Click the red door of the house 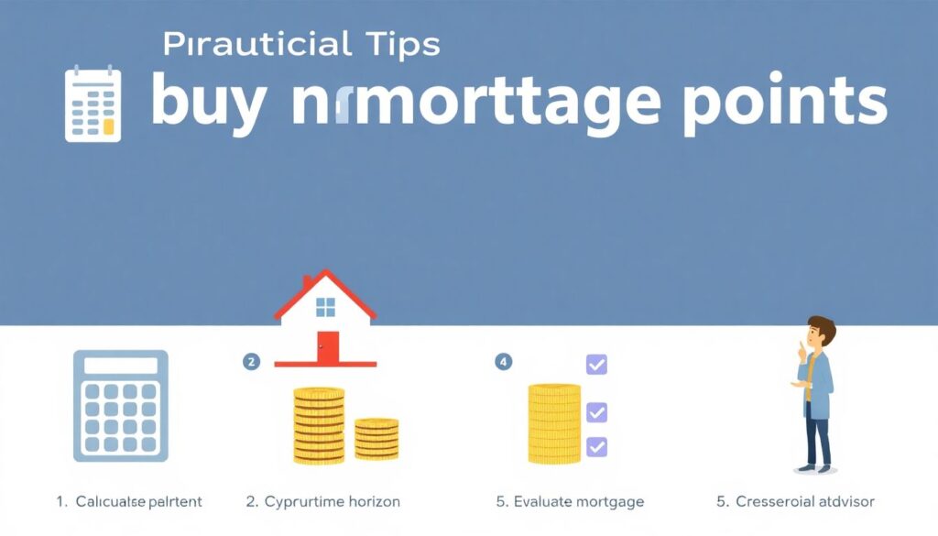coord(327,347)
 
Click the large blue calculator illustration coord(120,405)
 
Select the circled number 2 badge coord(250,361)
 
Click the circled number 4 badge coord(503,361)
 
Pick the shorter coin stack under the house coord(376,439)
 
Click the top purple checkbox coord(596,365)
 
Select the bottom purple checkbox coord(596,446)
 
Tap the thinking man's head coord(821,333)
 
